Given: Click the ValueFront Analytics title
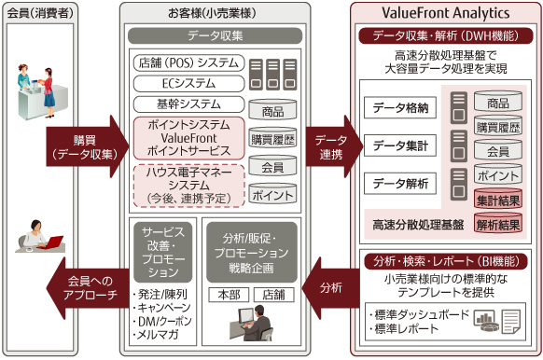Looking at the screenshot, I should coord(444,14).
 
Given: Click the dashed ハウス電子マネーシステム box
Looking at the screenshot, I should coord(188,185).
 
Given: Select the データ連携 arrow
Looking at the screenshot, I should coord(330,139).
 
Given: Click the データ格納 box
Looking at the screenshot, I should coord(402,108).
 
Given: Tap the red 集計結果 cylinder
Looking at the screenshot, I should coord(497,199).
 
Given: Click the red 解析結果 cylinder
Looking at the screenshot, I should coord(497,225).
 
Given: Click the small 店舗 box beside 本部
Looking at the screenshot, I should coord(272,295).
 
